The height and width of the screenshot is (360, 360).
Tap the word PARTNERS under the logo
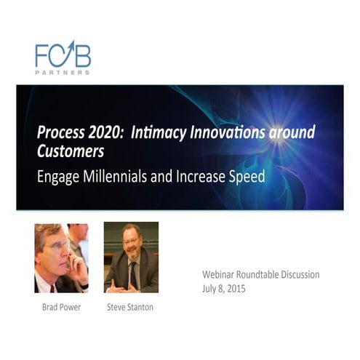pyautogui.click(x=63, y=73)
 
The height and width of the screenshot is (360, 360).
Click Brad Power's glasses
pyautogui.click(x=60, y=245)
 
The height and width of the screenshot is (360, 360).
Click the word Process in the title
pyautogui.click(x=60, y=134)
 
